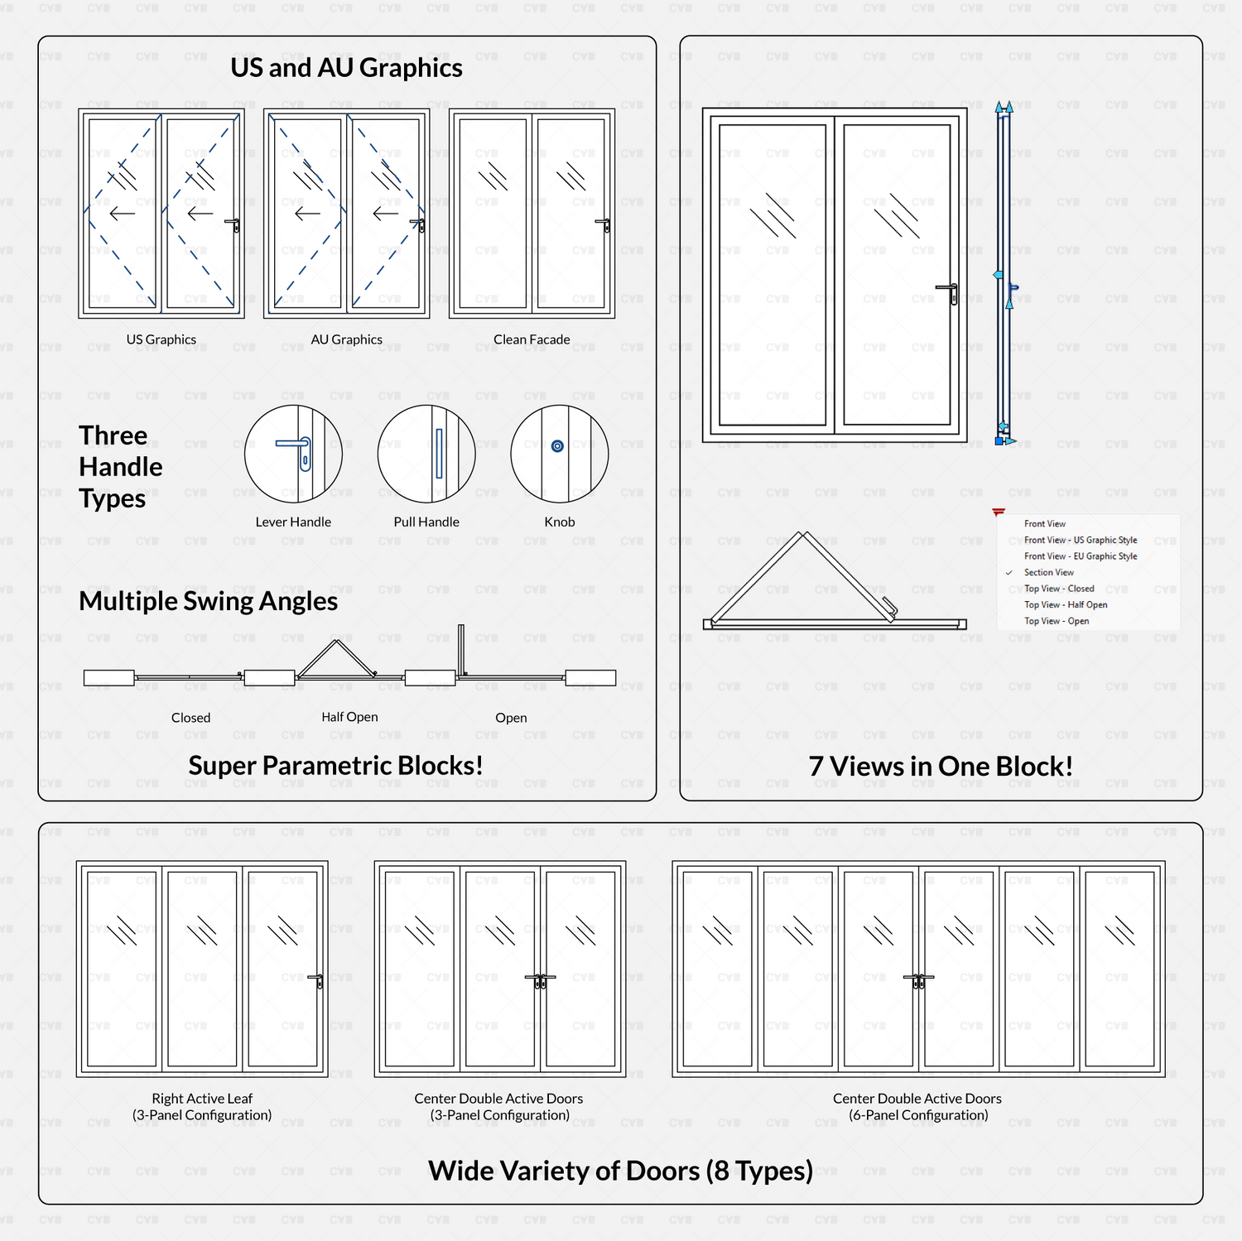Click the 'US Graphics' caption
click(x=161, y=339)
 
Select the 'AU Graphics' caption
click(x=346, y=339)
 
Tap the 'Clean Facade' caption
click(x=532, y=339)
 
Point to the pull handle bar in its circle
click(x=439, y=453)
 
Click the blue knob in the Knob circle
click(x=557, y=446)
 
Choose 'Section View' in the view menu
click(x=1048, y=573)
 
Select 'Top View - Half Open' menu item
click(x=1065, y=605)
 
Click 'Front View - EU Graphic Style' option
click(x=1080, y=556)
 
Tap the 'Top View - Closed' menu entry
click(x=1058, y=589)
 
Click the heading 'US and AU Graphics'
click(x=346, y=68)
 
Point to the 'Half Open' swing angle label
click(x=349, y=717)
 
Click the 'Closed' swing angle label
click(x=190, y=718)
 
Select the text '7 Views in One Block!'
click(x=941, y=767)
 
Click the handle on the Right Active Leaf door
click(x=318, y=980)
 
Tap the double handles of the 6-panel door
click(x=918, y=980)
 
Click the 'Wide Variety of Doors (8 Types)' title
click(x=620, y=1171)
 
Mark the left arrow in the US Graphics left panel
click(x=122, y=214)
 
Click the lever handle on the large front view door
click(x=949, y=291)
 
